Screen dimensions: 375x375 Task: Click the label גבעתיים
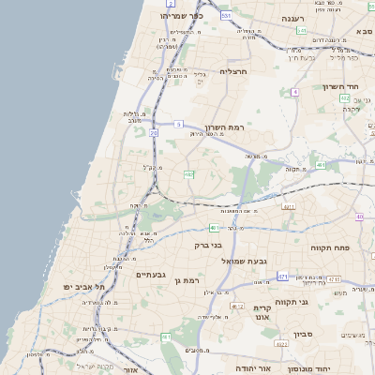click(151, 275)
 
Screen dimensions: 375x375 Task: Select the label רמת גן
click(190, 279)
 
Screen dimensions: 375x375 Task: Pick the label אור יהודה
click(253, 367)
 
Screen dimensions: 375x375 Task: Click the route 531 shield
click(226, 15)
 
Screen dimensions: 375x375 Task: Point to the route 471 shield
click(282, 277)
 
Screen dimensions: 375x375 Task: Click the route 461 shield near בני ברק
click(215, 227)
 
